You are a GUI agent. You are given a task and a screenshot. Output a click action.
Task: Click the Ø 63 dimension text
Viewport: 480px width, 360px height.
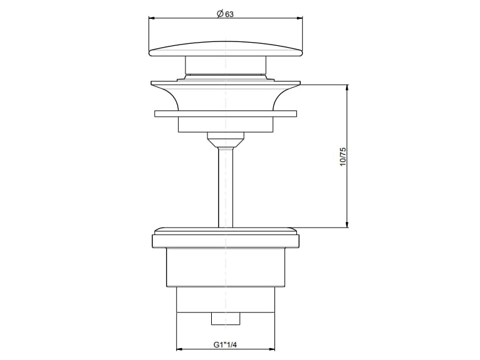tap(225, 14)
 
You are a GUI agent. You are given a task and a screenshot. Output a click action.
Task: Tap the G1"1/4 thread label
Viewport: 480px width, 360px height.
tap(225, 344)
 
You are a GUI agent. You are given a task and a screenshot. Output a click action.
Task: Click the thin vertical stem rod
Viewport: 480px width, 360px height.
tap(225, 188)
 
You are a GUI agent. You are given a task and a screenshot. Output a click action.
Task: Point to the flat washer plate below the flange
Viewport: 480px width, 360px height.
tap(225, 114)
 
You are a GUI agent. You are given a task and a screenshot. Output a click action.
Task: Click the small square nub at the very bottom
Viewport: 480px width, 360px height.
tap(225, 319)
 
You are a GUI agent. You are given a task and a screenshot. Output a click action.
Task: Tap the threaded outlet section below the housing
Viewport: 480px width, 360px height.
tap(225, 300)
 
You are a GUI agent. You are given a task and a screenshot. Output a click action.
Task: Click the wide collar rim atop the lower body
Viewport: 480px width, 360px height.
tap(225, 240)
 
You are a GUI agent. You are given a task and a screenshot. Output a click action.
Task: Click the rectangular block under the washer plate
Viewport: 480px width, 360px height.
tap(225, 124)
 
